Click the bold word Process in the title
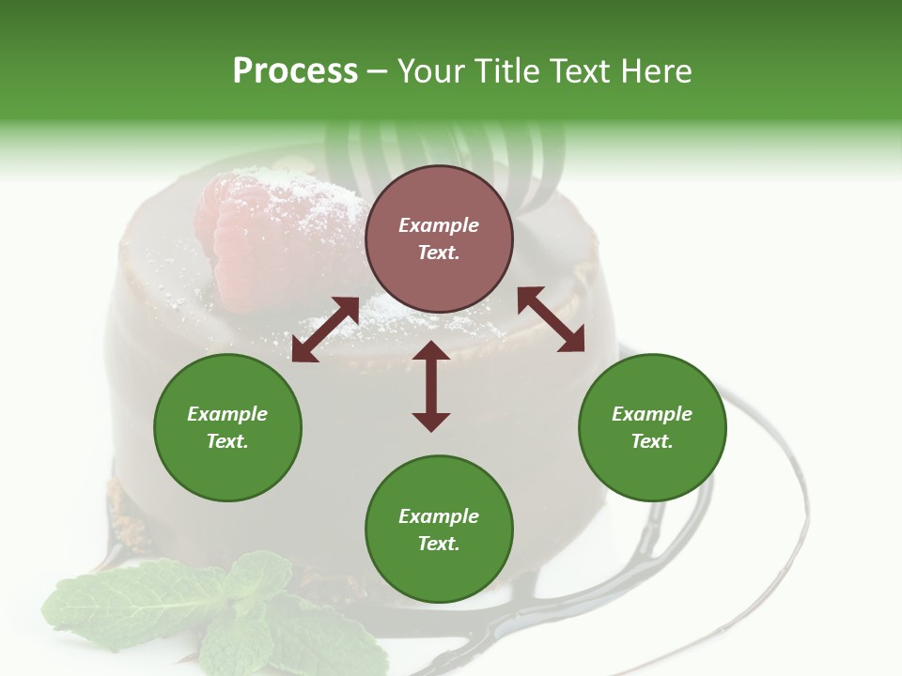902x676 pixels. click(295, 71)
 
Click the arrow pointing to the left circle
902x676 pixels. click(325, 330)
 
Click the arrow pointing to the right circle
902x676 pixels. click(551, 320)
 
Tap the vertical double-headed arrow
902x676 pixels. click(431, 386)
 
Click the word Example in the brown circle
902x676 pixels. click(439, 225)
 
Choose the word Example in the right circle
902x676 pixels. click(652, 414)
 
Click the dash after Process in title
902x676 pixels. click(377, 71)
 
